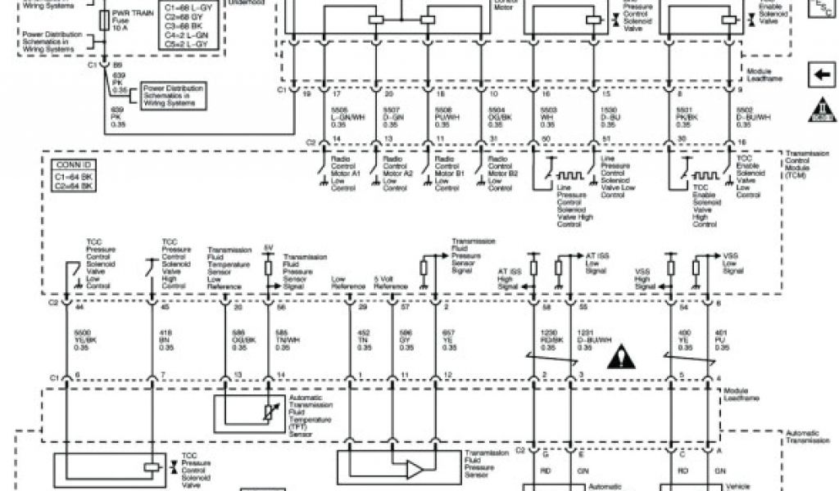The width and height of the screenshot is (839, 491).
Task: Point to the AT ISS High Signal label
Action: click(x=508, y=277)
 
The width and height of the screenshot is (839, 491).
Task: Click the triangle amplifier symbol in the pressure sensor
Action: click(x=415, y=469)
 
